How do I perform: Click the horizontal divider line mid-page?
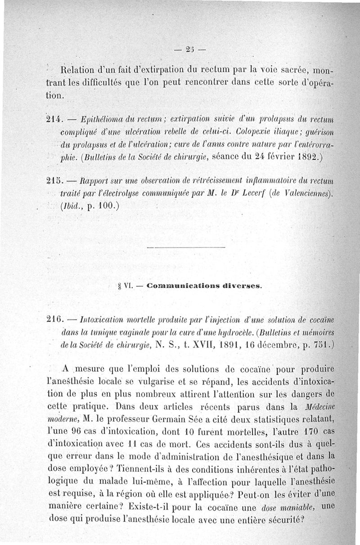[185, 247]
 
